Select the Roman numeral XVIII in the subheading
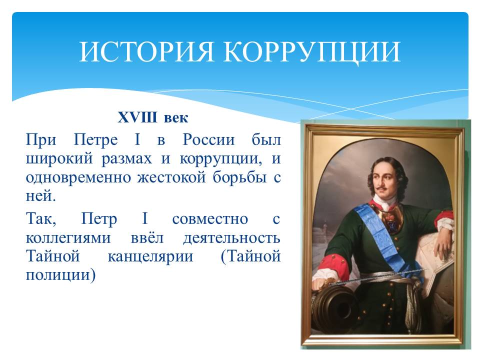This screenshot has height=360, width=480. (137, 117)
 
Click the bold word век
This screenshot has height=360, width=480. (176, 118)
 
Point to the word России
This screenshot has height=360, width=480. (209, 140)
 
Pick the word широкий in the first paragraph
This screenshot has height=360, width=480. (59, 159)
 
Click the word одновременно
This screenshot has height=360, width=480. (78, 178)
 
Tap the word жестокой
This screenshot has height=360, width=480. (171, 178)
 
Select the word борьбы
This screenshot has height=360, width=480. (239, 177)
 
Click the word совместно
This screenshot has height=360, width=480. (210, 219)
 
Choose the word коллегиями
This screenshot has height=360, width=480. (68, 238)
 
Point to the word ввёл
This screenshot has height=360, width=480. (147, 237)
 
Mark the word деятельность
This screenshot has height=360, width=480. (231, 238)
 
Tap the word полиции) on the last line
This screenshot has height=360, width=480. (60, 275)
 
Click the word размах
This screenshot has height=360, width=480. (126, 159)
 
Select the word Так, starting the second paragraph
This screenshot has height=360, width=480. (41, 219)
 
